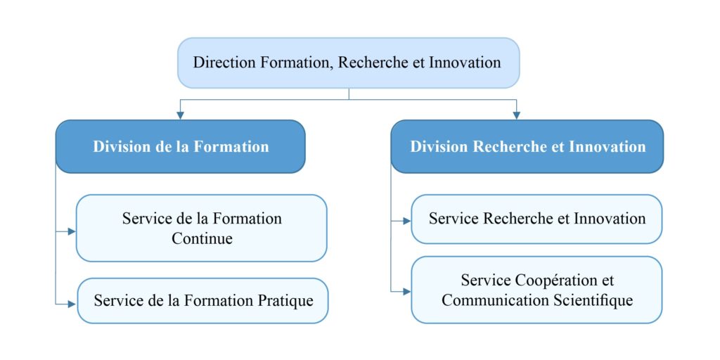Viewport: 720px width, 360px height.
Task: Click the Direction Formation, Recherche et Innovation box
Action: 347,63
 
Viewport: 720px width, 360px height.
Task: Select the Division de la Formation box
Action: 181,146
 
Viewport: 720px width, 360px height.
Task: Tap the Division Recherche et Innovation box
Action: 527,146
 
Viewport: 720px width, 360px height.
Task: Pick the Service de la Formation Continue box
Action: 202,228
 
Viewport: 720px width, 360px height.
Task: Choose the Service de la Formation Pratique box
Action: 202,301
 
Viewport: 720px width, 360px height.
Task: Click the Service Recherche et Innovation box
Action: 536,219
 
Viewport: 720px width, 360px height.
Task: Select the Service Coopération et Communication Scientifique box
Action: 536,290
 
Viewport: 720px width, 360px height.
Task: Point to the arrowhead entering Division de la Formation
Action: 181,115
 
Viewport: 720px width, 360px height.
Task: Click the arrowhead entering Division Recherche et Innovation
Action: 517,115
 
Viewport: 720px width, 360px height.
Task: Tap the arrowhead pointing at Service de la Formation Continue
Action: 71,231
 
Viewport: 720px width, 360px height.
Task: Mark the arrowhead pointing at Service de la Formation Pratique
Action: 71,303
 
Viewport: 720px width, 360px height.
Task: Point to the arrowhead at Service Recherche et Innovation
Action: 406,220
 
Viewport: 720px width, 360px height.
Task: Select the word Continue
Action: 202,238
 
